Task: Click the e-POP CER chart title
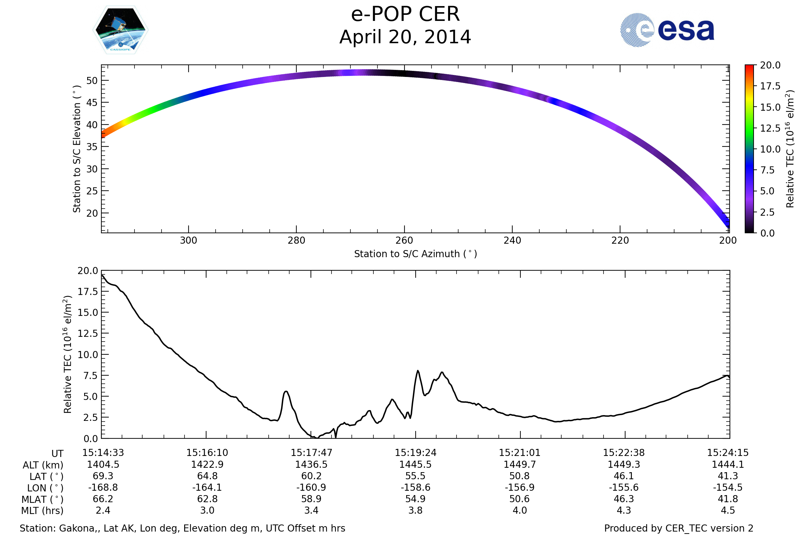(x=405, y=15)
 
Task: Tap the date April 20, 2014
(x=405, y=37)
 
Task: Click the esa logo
(x=667, y=30)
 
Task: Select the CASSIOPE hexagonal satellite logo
(x=121, y=30)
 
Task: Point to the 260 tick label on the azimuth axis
(x=404, y=240)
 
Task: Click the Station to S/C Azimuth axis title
(x=416, y=254)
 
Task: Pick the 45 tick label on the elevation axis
(x=92, y=103)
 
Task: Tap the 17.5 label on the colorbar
(x=770, y=86)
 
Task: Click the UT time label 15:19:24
(x=416, y=453)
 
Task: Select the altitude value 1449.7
(x=520, y=465)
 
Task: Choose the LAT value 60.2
(x=311, y=476)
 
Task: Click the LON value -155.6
(x=624, y=488)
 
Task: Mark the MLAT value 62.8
(x=207, y=499)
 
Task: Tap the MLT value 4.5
(x=728, y=510)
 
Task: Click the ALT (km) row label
(x=43, y=465)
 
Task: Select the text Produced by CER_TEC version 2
(x=679, y=528)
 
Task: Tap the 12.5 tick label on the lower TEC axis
(x=88, y=334)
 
